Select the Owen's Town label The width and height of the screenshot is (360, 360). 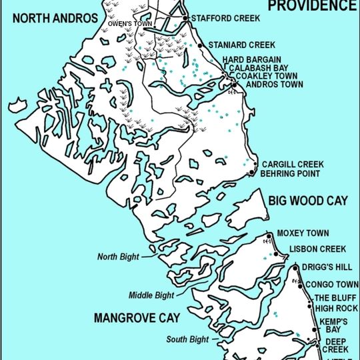point(130,25)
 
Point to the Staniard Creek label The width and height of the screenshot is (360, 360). point(242,45)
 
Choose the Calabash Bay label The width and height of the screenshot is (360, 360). point(259,68)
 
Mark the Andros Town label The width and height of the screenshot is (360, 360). point(274,85)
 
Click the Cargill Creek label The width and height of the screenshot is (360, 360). point(292,164)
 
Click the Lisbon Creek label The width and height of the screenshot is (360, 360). point(317,249)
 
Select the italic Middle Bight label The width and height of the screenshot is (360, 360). point(151,294)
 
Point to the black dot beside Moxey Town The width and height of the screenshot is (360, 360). point(269,235)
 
